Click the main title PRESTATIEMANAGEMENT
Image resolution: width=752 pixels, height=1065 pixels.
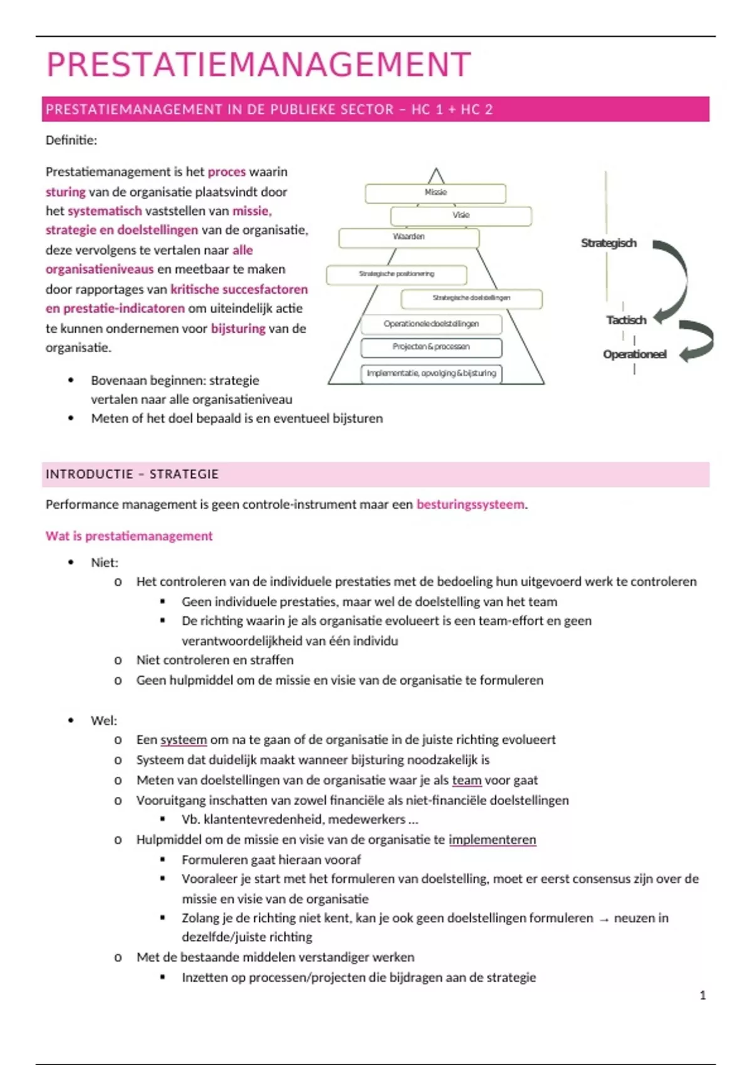(x=258, y=65)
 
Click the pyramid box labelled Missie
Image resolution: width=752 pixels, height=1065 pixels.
(x=436, y=193)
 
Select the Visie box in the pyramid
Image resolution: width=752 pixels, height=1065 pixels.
(x=461, y=216)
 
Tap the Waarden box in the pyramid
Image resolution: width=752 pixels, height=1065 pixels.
(x=409, y=237)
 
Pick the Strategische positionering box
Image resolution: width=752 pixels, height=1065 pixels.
(x=396, y=274)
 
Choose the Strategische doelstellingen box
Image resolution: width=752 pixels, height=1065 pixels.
(x=471, y=298)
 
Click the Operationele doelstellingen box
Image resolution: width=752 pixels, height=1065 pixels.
(x=431, y=324)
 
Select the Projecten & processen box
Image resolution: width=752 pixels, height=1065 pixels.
(x=431, y=347)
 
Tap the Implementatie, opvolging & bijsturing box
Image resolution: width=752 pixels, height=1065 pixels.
(x=431, y=373)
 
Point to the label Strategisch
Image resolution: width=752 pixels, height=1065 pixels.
(x=608, y=243)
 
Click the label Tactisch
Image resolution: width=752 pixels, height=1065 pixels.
(x=626, y=320)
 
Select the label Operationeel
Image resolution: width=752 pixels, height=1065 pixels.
(x=634, y=355)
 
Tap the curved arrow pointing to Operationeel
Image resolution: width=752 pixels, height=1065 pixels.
(x=699, y=341)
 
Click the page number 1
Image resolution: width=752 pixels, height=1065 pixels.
(x=702, y=995)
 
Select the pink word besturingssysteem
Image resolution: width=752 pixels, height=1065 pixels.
(x=471, y=505)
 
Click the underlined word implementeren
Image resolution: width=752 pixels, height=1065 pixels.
(x=492, y=840)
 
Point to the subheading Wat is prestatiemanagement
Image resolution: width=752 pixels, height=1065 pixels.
(x=129, y=536)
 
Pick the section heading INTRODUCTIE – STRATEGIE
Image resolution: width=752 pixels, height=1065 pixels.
(x=132, y=474)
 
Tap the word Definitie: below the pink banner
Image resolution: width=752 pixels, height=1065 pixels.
(x=71, y=140)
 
